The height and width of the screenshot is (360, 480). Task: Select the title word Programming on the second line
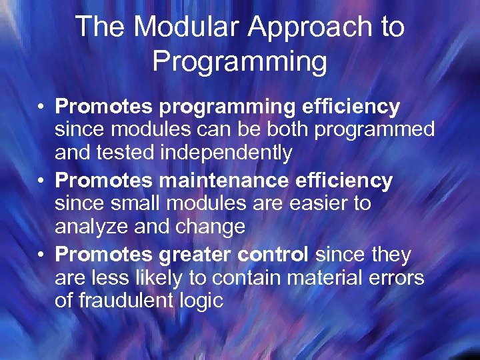tap(239, 62)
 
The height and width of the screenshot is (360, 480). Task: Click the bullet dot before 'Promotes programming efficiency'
tap(41, 107)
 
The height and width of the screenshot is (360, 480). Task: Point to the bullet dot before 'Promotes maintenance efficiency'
tap(41, 181)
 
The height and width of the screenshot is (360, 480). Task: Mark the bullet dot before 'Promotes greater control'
tap(41, 255)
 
